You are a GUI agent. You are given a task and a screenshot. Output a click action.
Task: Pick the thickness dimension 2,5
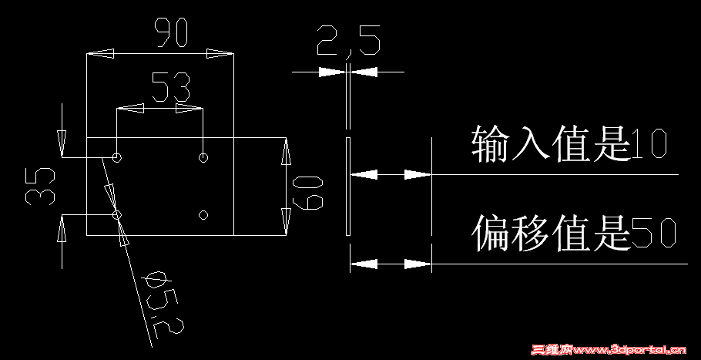tap(348, 42)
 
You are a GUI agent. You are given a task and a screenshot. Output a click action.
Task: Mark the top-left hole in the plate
tap(116, 158)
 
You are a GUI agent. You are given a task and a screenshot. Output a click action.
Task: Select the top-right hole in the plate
tap(203, 158)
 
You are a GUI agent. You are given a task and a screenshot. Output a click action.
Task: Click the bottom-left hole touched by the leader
tap(116, 215)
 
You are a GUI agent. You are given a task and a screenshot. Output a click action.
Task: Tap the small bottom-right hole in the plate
tap(203, 214)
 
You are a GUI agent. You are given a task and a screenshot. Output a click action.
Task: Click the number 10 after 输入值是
tap(648, 145)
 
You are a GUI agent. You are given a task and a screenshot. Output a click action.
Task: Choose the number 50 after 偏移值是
tap(653, 234)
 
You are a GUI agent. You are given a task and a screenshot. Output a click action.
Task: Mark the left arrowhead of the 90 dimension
tap(100, 54)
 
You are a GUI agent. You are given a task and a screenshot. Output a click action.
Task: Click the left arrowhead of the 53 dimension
tap(129, 109)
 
